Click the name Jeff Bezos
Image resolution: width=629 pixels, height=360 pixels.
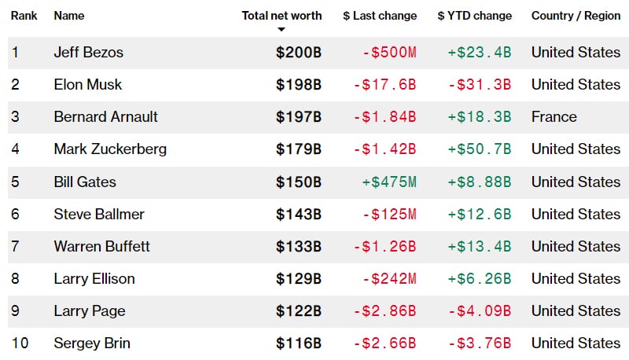tap(88, 53)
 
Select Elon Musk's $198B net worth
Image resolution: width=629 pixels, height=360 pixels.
tap(298, 85)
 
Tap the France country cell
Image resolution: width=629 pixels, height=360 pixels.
tap(554, 117)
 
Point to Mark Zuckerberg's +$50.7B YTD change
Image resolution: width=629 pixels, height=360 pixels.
tap(480, 149)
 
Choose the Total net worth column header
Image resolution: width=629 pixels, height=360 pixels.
tap(281, 16)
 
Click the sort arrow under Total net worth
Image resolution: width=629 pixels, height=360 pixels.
tap(281, 30)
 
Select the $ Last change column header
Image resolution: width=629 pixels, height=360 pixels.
tap(379, 16)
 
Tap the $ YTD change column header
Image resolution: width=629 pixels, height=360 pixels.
tap(474, 16)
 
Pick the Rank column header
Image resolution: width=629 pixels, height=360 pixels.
tap(24, 16)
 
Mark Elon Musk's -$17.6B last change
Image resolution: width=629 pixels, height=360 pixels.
tap(384, 85)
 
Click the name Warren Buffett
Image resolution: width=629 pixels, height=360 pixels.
tap(101, 247)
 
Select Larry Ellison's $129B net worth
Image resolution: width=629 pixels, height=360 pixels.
tap(298, 279)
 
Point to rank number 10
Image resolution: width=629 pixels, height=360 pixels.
tap(19, 343)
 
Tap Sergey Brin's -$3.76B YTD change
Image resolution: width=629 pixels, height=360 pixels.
tap(480, 343)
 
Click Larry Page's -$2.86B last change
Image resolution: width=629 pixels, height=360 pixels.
tap(384, 311)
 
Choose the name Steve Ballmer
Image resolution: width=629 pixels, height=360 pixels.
tap(99, 215)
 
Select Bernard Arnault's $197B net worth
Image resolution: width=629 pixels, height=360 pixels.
tap(298, 117)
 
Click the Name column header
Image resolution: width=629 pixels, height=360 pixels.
tap(69, 16)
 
